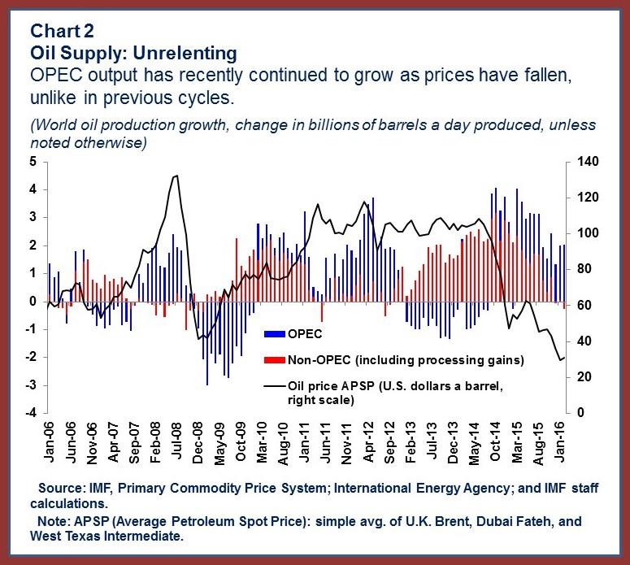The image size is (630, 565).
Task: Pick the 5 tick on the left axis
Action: click(x=32, y=162)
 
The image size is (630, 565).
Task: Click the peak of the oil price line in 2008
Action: click(x=176, y=176)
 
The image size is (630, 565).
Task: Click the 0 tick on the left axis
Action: click(x=32, y=302)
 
